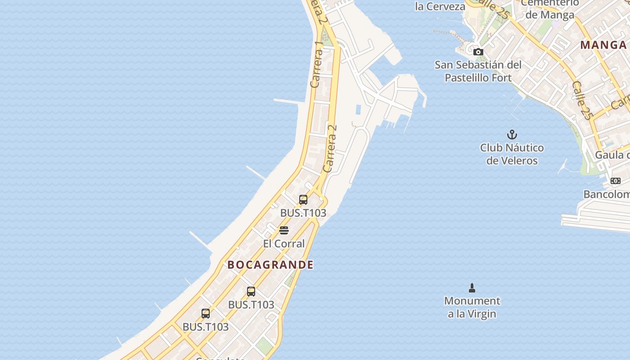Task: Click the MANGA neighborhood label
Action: tap(603, 45)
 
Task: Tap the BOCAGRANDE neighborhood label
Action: tap(270, 265)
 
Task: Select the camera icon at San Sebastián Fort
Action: tap(478, 52)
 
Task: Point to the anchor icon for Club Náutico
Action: tap(512, 135)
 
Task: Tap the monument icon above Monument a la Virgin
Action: tap(472, 288)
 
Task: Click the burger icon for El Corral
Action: tap(284, 230)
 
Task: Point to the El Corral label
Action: tap(284, 244)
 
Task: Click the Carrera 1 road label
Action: tap(317, 64)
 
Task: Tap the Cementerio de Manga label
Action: tap(550, 9)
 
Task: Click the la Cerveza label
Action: tap(440, 6)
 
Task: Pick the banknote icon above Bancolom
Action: tap(615, 181)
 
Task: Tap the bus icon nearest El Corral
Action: tap(303, 199)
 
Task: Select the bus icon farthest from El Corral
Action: tap(206, 314)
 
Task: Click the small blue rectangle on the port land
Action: tap(358, 109)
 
